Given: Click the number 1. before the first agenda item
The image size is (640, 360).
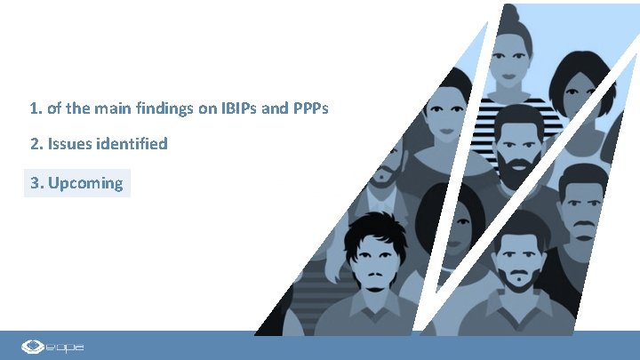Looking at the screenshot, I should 36,109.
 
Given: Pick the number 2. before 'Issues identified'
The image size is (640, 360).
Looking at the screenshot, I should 36,143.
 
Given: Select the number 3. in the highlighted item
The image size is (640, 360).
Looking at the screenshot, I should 36,183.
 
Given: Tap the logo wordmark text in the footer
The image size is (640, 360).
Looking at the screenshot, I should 68,346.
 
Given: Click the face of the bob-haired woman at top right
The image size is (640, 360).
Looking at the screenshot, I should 582,88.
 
